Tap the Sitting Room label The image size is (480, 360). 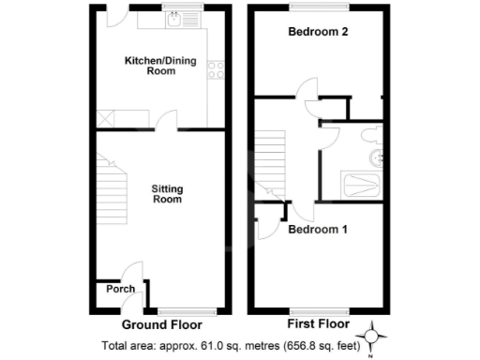pos(167,194)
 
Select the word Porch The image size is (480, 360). pos(119,289)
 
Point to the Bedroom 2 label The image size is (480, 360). pos(318,32)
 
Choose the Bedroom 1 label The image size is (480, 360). pos(318,229)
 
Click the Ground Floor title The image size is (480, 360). pos(163,325)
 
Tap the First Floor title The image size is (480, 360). pos(315,325)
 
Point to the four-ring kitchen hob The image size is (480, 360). pos(216,68)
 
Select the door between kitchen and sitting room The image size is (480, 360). pos(166,120)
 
